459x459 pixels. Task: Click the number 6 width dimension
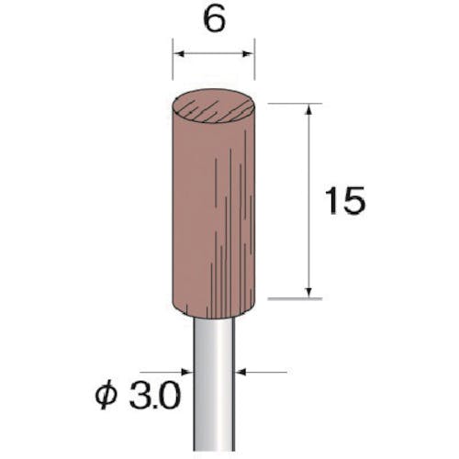point(214,21)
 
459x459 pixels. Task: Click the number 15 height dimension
point(345,200)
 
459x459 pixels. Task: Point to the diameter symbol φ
point(106,397)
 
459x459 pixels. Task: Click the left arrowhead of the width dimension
point(178,54)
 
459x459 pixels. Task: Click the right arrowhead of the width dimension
point(250,54)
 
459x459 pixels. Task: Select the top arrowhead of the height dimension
point(309,109)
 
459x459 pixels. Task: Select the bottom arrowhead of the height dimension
point(309,293)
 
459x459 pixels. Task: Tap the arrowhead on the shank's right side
point(241,372)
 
